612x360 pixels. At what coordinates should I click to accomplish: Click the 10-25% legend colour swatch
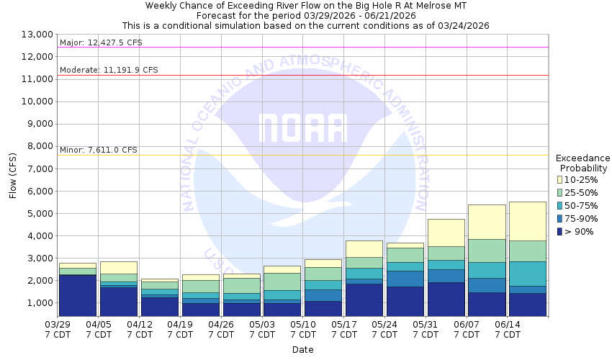click(560, 179)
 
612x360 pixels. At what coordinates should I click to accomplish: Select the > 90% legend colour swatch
click(560, 231)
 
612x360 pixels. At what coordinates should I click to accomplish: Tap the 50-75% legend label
click(582, 205)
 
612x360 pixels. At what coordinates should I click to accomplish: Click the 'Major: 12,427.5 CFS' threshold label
click(102, 42)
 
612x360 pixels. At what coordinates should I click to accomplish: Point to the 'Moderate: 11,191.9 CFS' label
click(109, 71)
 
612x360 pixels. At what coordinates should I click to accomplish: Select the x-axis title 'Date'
click(302, 349)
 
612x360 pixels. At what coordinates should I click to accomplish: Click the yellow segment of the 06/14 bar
click(528, 221)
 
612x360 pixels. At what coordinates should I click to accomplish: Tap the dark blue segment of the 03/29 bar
click(77, 295)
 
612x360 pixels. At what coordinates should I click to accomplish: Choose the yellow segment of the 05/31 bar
click(446, 233)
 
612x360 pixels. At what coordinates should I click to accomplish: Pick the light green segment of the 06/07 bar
click(487, 251)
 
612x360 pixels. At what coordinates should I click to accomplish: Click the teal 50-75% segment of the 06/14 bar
click(528, 274)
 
